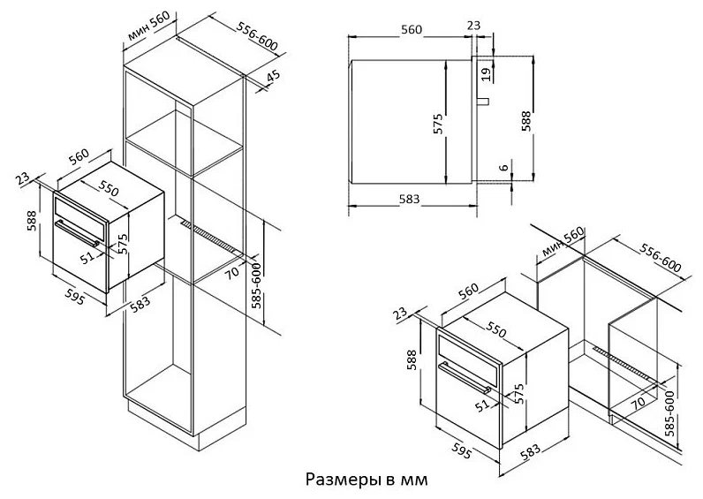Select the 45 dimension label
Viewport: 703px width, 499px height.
click(273, 75)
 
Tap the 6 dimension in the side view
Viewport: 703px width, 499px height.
click(503, 168)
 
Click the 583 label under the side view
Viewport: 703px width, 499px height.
click(408, 198)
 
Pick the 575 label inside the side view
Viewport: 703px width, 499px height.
click(437, 124)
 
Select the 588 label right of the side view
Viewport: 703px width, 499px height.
click(525, 119)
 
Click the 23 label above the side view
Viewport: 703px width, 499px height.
click(475, 26)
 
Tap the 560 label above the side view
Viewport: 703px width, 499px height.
click(412, 28)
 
